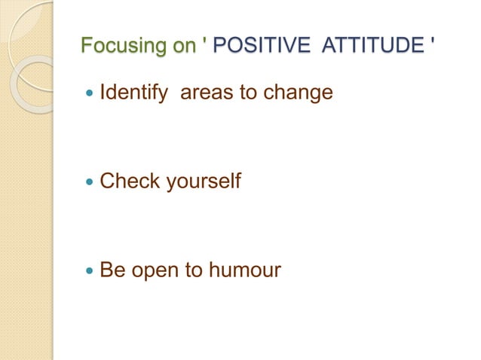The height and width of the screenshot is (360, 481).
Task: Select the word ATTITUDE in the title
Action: (372, 47)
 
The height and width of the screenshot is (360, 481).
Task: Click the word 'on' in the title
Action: (184, 47)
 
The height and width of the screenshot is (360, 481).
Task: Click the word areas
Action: (208, 94)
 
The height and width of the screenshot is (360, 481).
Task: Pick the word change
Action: (299, 94)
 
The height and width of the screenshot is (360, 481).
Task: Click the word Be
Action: (112, 269)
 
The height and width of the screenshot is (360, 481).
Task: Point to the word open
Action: (153, 270)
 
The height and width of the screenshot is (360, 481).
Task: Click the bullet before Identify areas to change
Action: (89, 95)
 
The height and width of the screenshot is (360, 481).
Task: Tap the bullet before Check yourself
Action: (89, 182)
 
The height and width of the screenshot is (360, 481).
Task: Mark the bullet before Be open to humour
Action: (89, 270)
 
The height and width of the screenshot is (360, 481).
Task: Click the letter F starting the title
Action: (87, 47)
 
